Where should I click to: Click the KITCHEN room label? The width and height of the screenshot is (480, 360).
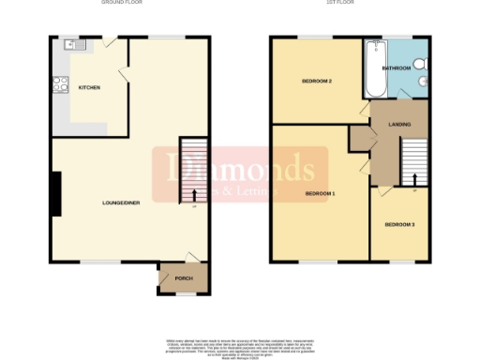point(89,88)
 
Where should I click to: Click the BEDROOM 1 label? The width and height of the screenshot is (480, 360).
point(320,194)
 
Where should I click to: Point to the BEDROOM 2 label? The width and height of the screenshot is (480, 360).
point(316,82)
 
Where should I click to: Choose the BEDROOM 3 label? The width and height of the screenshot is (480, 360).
point(398,225)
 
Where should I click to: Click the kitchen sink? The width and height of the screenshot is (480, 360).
point(68,44)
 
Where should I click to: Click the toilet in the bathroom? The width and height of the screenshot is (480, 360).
point(421,63)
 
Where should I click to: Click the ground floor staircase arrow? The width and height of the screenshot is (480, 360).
point(194,195)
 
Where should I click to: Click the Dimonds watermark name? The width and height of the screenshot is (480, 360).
point(240,170)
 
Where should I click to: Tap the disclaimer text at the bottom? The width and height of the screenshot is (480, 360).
point(240,344)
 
